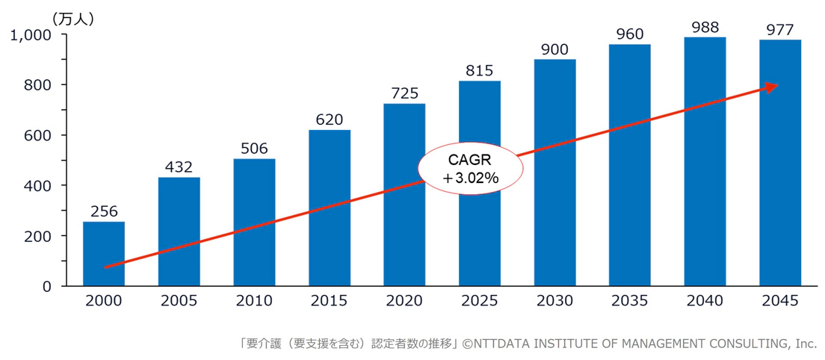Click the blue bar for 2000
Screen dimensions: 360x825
104,254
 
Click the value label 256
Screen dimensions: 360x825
104,211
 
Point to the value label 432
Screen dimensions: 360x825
179,167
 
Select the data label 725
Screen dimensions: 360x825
404,93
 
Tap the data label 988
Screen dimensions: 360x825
705,27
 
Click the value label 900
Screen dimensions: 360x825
554,49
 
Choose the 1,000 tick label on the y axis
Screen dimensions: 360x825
30,35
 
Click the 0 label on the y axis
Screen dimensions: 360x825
46,286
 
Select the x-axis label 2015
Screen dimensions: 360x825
329,301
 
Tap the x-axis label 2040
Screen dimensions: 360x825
705,301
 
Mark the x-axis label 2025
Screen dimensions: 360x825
479,301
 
